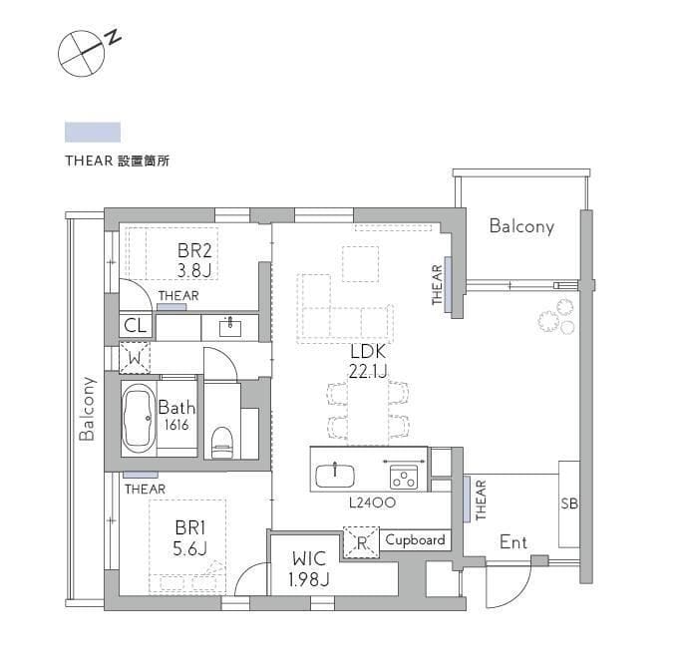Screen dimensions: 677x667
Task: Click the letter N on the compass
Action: [x=114, y=37]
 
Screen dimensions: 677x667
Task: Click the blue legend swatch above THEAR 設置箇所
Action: [x=93, y=133]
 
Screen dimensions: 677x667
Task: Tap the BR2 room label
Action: [x=194, y=251]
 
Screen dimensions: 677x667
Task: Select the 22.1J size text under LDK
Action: [x=368, y=371]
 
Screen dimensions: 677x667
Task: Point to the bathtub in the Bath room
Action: [x=138, y=418]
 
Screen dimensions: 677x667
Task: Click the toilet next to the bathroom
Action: [x=222, y=443]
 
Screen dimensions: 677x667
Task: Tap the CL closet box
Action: [x=136, y=325]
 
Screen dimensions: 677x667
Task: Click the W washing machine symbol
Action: [x=135, y=358]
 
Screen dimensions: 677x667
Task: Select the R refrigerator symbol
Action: [x=361, y=542]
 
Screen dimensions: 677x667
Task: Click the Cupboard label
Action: [x=415, y=540]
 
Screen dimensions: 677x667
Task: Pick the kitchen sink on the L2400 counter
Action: [x=335, y=476]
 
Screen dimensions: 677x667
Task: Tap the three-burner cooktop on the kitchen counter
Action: [x=404, y=478]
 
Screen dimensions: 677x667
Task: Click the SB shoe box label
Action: [x=569, y=503]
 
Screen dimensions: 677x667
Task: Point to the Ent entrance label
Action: [x=513, y=542]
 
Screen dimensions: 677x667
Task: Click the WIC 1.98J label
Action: [x=309, y=569]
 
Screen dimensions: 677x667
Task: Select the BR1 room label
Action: [x=190, y=527]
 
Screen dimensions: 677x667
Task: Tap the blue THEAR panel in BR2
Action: [x=171, y=307]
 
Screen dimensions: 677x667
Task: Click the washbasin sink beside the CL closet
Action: [x=230, y=328]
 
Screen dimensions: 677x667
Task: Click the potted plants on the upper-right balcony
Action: [x=557, y=316]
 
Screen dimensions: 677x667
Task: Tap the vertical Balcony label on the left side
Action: [x=88, y=409]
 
